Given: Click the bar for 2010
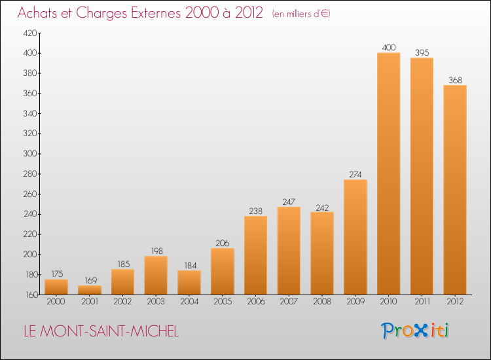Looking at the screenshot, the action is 389,173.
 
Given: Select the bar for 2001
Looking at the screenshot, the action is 90,290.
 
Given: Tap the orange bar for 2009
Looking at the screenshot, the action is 355,237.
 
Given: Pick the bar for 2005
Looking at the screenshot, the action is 223,272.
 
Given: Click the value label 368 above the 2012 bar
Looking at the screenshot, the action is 455,80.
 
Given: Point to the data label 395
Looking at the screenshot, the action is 422,52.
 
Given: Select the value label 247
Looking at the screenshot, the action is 289,202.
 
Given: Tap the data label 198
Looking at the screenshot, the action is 157,251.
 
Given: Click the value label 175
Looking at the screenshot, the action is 58,274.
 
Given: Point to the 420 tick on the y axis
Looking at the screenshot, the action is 30,33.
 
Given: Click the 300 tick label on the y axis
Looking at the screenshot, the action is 30,154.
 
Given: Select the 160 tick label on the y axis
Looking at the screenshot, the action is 31,295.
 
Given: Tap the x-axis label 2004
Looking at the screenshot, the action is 189,302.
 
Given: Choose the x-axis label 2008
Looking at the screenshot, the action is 322,302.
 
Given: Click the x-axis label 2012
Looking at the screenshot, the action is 455,302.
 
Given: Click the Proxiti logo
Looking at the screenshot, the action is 415,331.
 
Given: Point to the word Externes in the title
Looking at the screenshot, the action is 156,13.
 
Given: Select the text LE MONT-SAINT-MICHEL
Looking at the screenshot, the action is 101,331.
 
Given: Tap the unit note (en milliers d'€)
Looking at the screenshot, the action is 301,14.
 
